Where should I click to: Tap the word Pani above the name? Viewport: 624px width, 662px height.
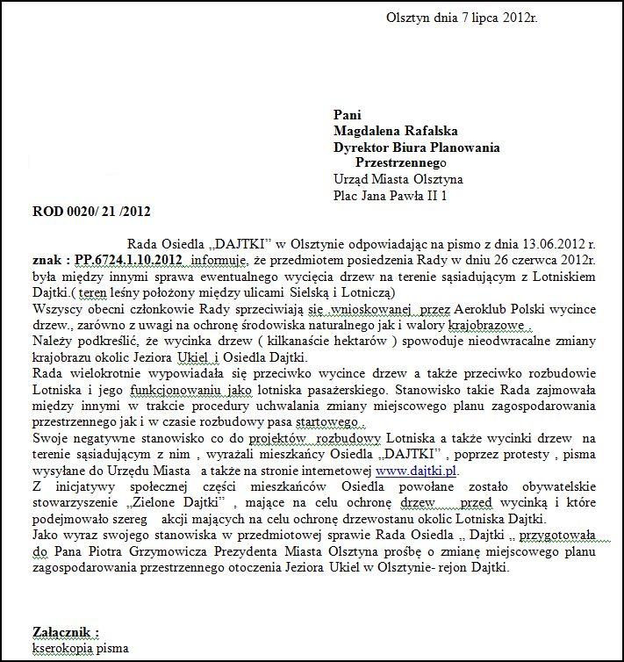348,114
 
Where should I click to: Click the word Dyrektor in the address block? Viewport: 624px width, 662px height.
362,148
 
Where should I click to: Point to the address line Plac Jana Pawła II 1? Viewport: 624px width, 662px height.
390,196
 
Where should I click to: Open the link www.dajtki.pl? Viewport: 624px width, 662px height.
417,470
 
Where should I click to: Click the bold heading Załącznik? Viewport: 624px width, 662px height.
66,631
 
